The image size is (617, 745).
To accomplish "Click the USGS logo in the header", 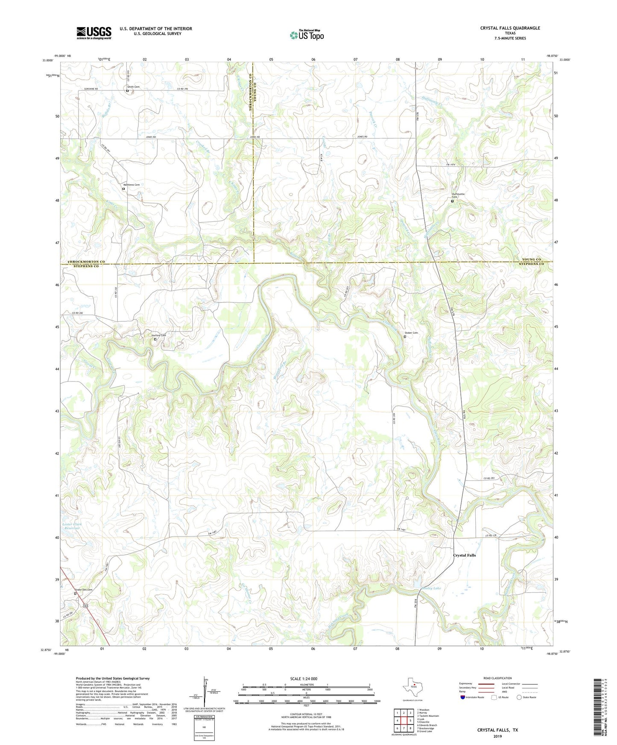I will [94, 33].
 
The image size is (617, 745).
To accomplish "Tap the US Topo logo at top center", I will [307, 35].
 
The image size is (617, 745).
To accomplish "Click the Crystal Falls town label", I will [464, 555].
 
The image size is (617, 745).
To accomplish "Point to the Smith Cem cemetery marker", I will [127, 90].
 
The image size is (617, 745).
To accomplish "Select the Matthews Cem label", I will [132, 185].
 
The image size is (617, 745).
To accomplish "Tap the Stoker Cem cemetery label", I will [411, 333].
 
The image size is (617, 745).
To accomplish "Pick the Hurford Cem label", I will [159, 335].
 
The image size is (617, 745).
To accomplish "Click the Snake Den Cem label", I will [84, 590].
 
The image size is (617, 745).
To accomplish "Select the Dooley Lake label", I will [431, 588].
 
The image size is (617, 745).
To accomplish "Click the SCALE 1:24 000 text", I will [304, 678].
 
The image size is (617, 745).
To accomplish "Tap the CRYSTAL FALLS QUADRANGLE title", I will [510, 28].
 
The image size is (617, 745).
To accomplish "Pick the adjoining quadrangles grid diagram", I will [404, 721].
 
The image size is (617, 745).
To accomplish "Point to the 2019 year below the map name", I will [497, 736].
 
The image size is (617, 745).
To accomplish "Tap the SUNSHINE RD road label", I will [90, 89].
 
